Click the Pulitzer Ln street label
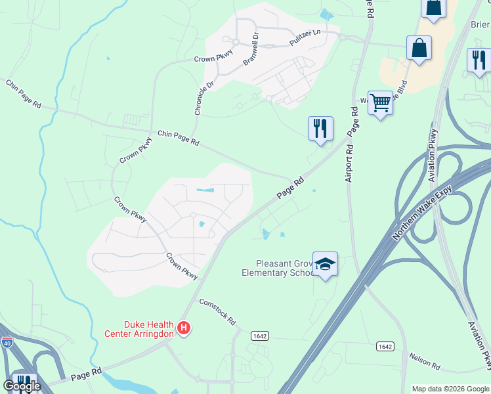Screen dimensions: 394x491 click(305, 38)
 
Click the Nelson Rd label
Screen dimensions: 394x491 click(424, 360)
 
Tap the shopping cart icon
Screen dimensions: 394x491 click(380, 102)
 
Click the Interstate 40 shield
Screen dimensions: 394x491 click(7, 342)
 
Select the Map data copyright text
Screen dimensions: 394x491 click(450, 389)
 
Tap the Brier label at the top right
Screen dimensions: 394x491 click(480, 25)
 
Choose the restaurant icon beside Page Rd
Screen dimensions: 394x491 click(320, 128)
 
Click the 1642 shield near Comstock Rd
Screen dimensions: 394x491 click(259, 336)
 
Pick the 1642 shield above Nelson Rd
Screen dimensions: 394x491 click(385, 346)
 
